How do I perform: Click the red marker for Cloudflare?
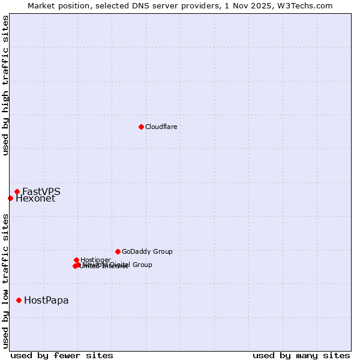(141, 127)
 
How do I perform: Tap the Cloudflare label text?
(161, 127)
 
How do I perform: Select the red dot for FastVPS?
(17, 192)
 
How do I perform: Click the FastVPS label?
(41, 192)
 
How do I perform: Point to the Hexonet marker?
(10, 198)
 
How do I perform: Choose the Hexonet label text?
(35, 199)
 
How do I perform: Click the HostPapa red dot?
(19, 300)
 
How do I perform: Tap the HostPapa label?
(46, 301)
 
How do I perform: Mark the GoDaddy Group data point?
(118, 251)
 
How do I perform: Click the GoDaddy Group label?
(146, 252)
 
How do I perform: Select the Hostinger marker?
(76, 260)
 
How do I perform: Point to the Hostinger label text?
(95, 260)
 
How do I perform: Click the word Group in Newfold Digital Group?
(142, 265)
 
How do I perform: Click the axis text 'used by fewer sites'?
(62, 355)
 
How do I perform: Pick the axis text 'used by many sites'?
(301, 355)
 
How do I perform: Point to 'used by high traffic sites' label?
(5, 86)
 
